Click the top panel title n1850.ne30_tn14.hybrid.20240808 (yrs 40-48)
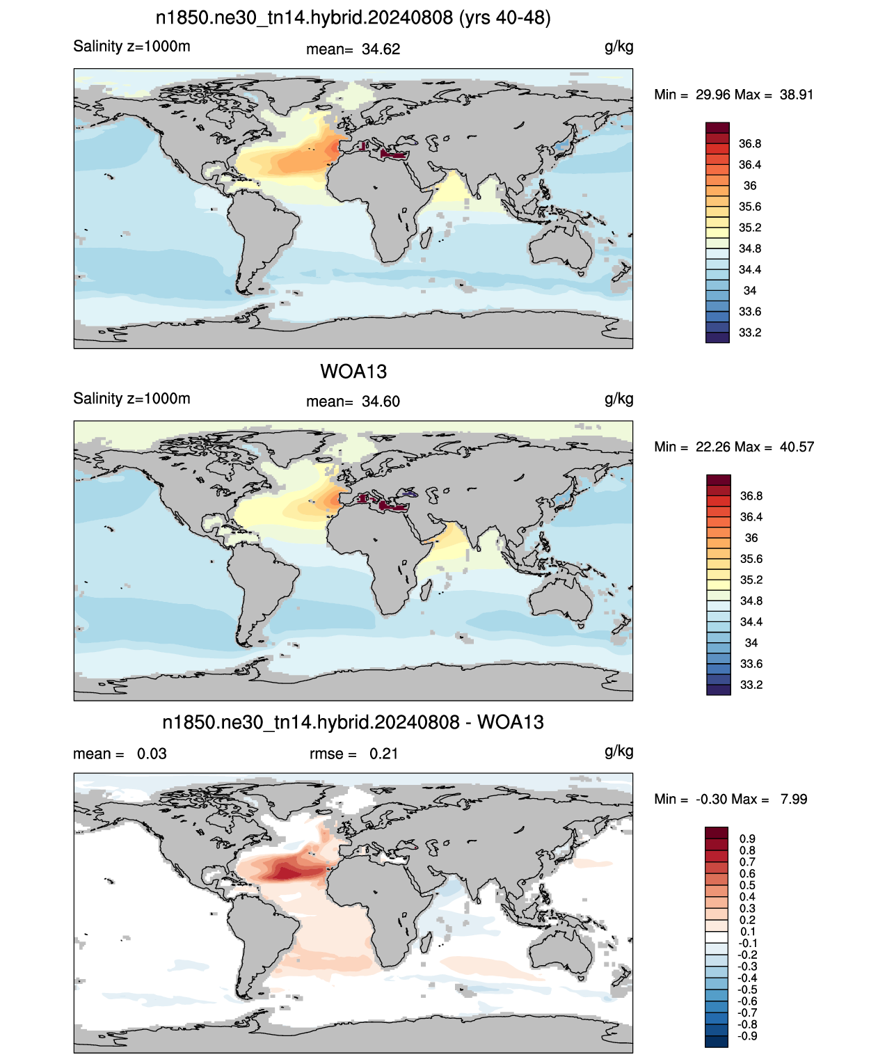353,18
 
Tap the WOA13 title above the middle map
353,372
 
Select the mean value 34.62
381,49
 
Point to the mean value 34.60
381,402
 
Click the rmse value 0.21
383,754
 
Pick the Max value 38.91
796,95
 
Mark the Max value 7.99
794,800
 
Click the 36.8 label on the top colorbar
750,144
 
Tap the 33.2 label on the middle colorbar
751,685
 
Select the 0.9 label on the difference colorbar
747,839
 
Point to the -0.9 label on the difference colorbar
747,1036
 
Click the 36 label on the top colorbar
750,186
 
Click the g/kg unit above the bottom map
618,752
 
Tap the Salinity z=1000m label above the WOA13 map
131,398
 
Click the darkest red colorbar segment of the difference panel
717,832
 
